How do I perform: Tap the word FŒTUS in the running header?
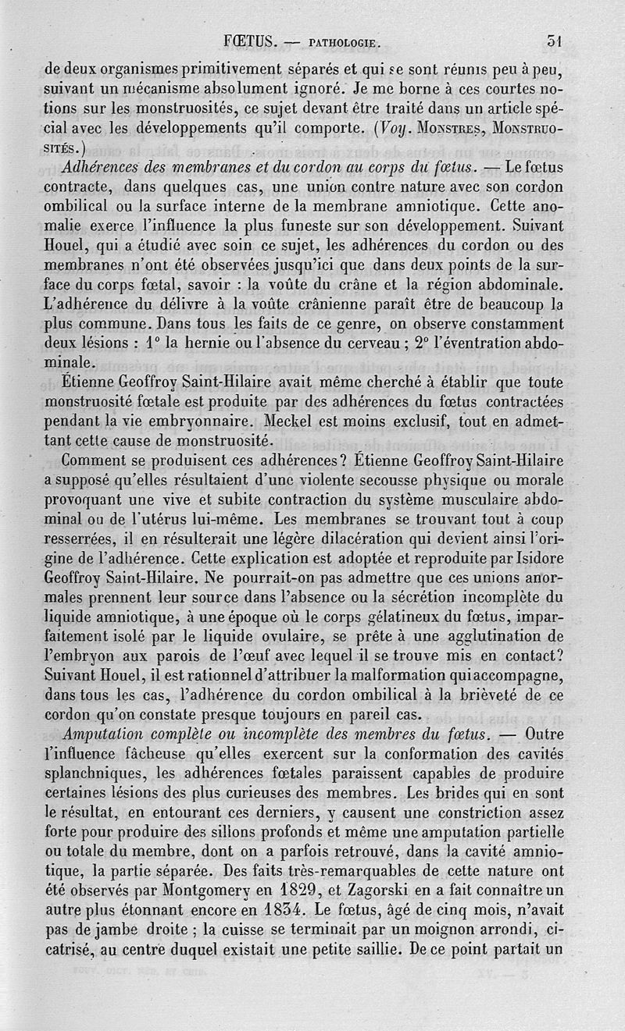coord(245,41)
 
